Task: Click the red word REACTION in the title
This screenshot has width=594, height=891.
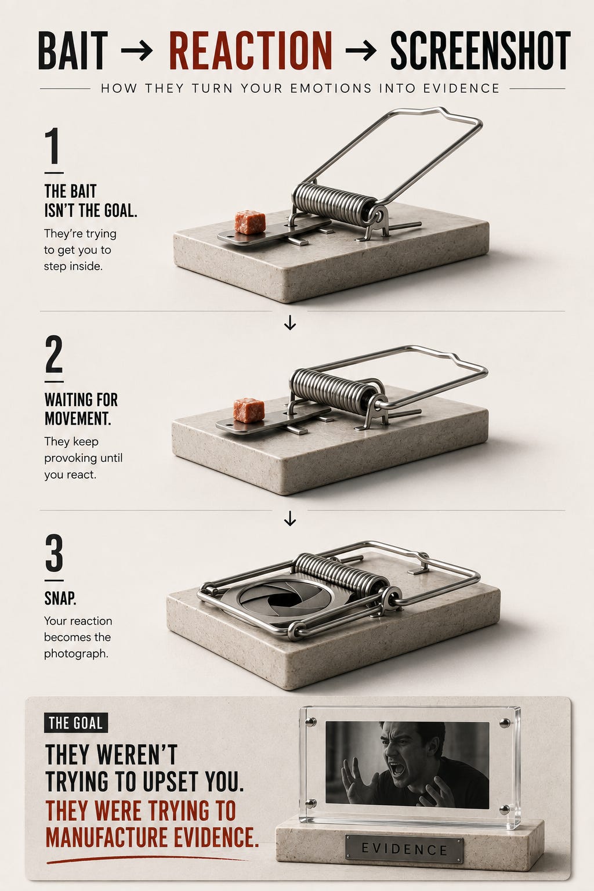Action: [251, 50]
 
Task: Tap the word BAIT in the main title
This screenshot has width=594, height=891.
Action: [73, 50]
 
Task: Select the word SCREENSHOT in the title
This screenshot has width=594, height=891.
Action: [480, 50]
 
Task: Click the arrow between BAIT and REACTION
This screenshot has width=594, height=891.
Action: [137, 50]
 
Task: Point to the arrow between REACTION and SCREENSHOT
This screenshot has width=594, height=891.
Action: [360, 50]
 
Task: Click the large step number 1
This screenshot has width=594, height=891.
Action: [53, 146]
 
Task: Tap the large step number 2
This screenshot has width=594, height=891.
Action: [54, 354]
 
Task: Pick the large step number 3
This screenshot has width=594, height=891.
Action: [54, 552]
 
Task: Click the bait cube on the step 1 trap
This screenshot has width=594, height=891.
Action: [250, 222]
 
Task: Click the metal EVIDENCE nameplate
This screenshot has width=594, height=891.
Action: [404, 850]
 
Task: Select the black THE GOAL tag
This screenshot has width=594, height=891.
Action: [75, 723]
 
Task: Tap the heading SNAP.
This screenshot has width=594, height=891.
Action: [60, 598]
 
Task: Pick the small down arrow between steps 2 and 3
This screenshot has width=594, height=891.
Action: [290, 518]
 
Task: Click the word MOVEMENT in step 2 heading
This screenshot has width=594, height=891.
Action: [78, 418]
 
